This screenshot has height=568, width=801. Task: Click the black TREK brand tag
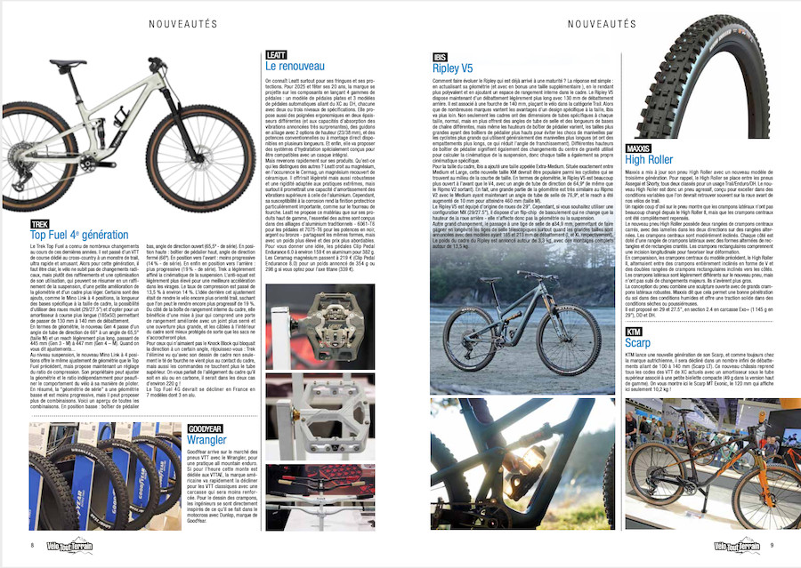tap(40, 224)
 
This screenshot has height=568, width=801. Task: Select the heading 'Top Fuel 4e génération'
tap(80, 236)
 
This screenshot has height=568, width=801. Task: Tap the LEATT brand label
tap(275, 55)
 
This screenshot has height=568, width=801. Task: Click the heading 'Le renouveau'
tap(295, 67)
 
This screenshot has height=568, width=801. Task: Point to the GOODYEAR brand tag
tap(205, 428)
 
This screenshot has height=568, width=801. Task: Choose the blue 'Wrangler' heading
tap(207, 440)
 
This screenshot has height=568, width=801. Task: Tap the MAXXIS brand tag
tap(638, 148)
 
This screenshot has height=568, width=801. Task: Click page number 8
tap(32, 545)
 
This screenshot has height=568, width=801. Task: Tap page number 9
tap(771, 545)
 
